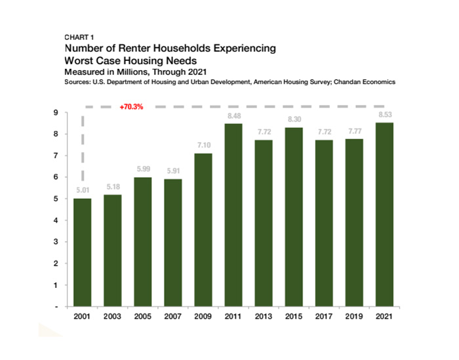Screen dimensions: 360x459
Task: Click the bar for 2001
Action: pyautogui.click(x=82, y=252)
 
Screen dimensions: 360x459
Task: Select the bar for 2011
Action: pyautogui.click(x=233, y=215)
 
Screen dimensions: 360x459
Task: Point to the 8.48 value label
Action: pyautogui.click(x=233, y=117)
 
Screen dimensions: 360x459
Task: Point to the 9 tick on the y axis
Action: pyautogui.click(x=57, y=113)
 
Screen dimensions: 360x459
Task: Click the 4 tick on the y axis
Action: pyautogui.click(x=57, y=220)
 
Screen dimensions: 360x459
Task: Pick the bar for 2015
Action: pyautogui.click(x=294, y=217)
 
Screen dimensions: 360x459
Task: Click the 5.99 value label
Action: pyautogui.click(x=143, y=170)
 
